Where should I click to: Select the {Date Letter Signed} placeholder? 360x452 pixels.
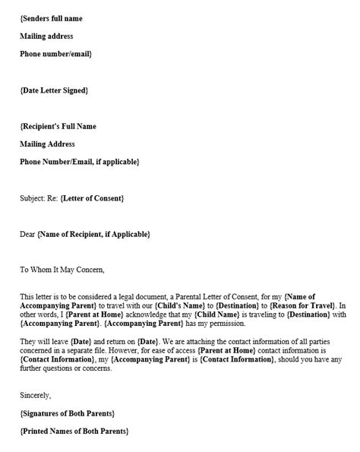(x=54, y=90)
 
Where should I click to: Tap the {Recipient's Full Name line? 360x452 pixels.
(x=58, y=126)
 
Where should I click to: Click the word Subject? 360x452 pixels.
(x=33, y=198)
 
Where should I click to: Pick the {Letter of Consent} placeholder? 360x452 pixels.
(x=90, y=198)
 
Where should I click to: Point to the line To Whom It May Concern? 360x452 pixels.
(x=62, y=269)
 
